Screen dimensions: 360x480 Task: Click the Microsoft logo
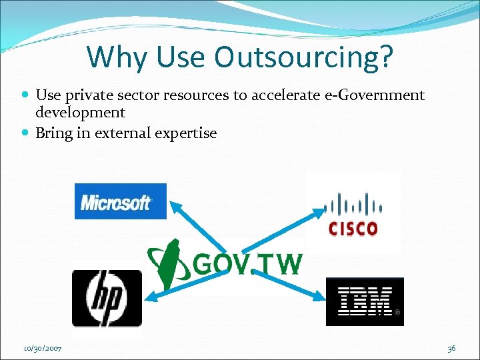point(120,201)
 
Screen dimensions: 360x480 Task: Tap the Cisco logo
point(353,213)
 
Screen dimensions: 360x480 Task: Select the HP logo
point(107,298)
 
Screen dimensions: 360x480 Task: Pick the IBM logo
point(365,301)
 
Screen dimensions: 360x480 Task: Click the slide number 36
point(451,348)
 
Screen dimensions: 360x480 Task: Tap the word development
point(80,112)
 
